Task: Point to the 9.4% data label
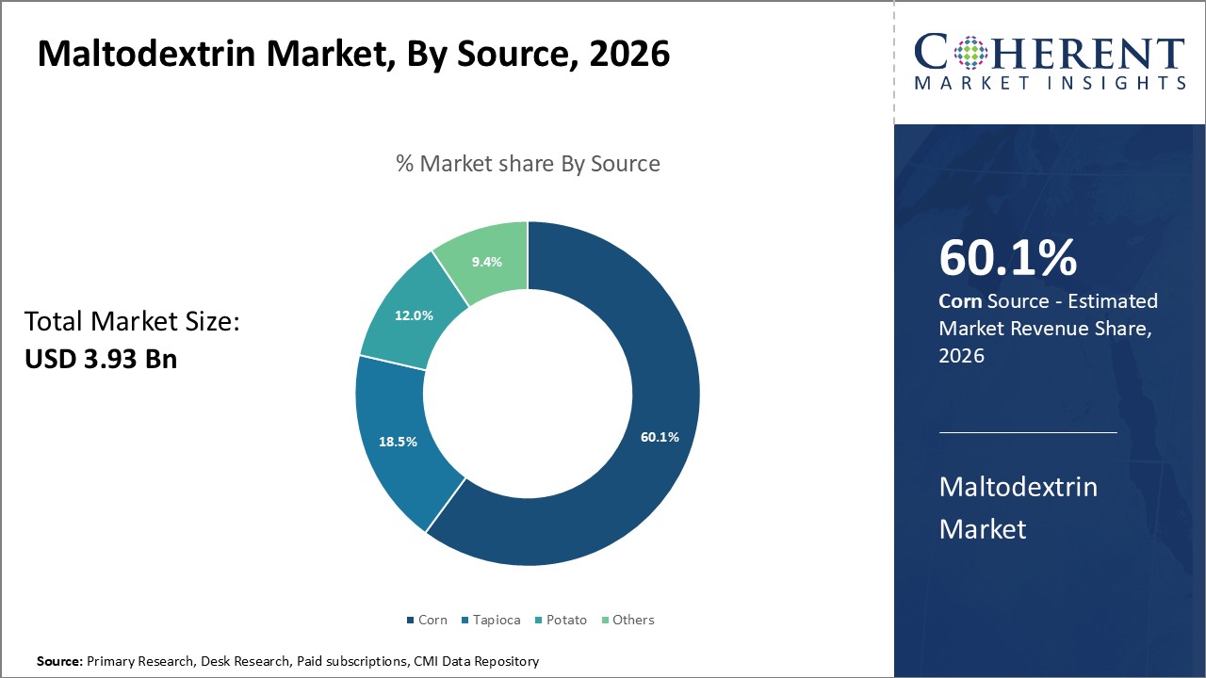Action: tap(486, 262)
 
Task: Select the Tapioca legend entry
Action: tap(493, 620)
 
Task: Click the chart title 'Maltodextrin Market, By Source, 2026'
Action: tap(353, 54)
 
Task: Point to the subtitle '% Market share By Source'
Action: tap(528, 164)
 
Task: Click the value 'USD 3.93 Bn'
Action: tap(101, 359)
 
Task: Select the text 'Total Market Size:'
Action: tap(133, 322)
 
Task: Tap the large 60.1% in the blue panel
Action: tap(1008, 259)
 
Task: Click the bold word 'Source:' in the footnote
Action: tap(59, 661)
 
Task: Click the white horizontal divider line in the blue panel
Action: tap(1028, 433)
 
